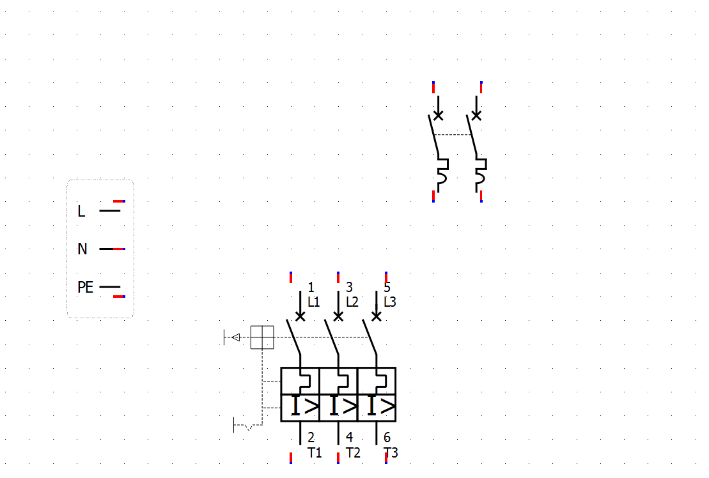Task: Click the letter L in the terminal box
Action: (x=81, y=211)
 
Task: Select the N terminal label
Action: (x=82, y=249)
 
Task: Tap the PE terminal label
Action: (x=85, y=288)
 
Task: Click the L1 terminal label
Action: (x=314, y=302)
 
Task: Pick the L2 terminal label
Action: (x=352, y=302)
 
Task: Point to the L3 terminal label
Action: (x=390, y=302)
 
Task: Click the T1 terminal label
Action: (x=315, y=453)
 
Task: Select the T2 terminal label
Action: (x=353, y=453)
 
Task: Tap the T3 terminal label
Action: (x=391, y=453)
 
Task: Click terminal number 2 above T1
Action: (x=311, y=438)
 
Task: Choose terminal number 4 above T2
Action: (x=349, y=438)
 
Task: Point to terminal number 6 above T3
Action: (x=387, y=438)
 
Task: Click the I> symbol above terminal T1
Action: (x=304, y=406)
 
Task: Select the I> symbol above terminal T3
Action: (x=380, y=406)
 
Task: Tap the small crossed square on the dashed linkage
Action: (x=262, y=337)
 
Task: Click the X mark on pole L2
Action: (x=338, y=316)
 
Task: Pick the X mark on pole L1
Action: (x=300, y=316)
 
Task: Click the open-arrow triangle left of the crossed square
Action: (x=236, y=337)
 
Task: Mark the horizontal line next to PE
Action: (x=110, y=287)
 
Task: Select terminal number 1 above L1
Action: (x=311, y=287)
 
